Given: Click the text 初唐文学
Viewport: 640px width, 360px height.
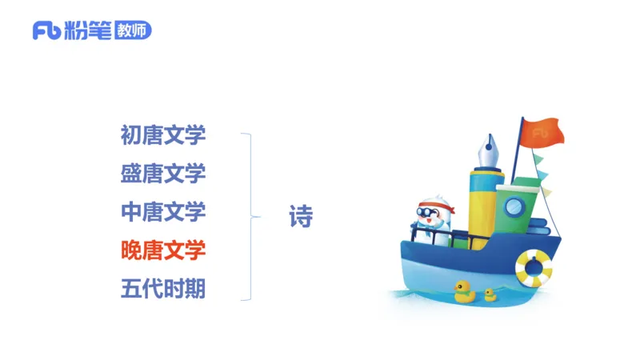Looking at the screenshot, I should (163, 134).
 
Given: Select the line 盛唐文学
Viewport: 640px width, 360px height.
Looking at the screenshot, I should (163, 173).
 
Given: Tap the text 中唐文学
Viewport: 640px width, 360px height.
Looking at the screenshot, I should (163, 212).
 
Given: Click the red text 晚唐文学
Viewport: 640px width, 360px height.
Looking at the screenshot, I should (163, 250).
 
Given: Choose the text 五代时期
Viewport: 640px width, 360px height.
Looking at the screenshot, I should (163, 289).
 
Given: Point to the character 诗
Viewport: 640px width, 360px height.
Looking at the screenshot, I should (301, 216).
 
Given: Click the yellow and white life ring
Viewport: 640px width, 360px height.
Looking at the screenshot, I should (533, 267).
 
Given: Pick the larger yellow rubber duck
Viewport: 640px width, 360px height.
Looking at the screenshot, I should (464, 291).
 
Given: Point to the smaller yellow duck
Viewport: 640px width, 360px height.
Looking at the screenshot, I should (490, 294).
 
